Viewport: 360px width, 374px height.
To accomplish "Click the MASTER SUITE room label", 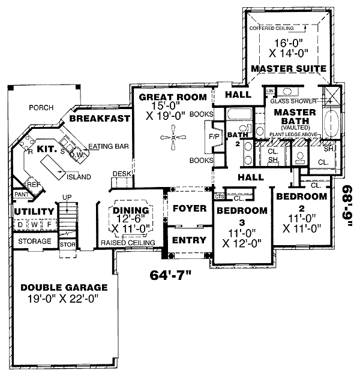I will pos(288,68).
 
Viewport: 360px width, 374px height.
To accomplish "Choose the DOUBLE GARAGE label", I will pos(63,288).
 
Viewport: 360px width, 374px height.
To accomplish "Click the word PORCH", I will pos(41,108).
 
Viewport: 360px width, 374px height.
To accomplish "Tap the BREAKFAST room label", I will pos(99,119).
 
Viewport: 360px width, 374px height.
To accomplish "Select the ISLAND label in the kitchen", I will pos(79,177).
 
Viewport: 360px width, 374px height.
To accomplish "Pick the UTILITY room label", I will pos(30,212).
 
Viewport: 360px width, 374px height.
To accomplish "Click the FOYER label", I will pos(189,208).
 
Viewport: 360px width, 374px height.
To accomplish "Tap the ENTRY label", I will pos(189,240).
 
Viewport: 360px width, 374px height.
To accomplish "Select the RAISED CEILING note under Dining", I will pos(127,243).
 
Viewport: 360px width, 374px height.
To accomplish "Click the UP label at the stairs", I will pos(68,197).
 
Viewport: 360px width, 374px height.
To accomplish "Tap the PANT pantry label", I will pos(21,194).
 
